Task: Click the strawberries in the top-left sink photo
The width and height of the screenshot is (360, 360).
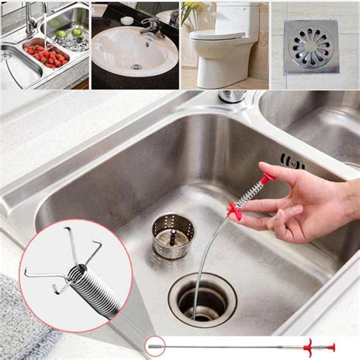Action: pos(42,55)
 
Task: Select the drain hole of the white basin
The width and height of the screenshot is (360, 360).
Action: pos(137,66)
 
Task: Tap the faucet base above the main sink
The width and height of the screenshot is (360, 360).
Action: pos(232,96)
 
